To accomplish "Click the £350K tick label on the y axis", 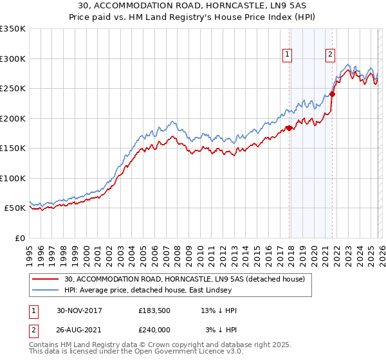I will pyautogui.click(x=13, y=29).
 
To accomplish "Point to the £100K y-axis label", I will pyautogui.click(x=13, y=178).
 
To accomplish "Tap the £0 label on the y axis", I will pyautogui.click(x=19, y=238).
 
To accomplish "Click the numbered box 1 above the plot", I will pyautogui.click(x=286, y=55).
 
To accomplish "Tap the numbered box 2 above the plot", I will pyautogui.click(x=330, y=55).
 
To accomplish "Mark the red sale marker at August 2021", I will pyautogui.click(x=332, y=94).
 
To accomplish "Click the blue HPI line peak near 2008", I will pyautogui.click(x=172, y=120).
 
